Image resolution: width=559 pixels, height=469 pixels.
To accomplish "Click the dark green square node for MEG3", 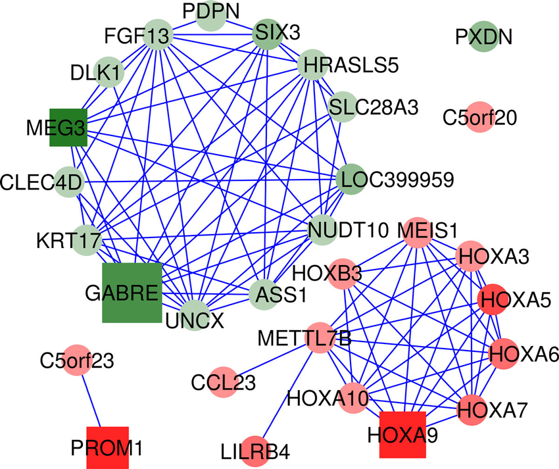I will (x=68, y=126).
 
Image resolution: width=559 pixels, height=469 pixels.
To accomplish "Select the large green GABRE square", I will (x=132, y=293).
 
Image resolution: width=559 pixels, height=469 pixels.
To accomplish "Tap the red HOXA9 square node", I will (x=402, y=434).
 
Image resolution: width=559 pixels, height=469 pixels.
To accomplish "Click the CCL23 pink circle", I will (x=224, y=381).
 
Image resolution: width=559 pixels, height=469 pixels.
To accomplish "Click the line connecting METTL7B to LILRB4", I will (x=286, y=395).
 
